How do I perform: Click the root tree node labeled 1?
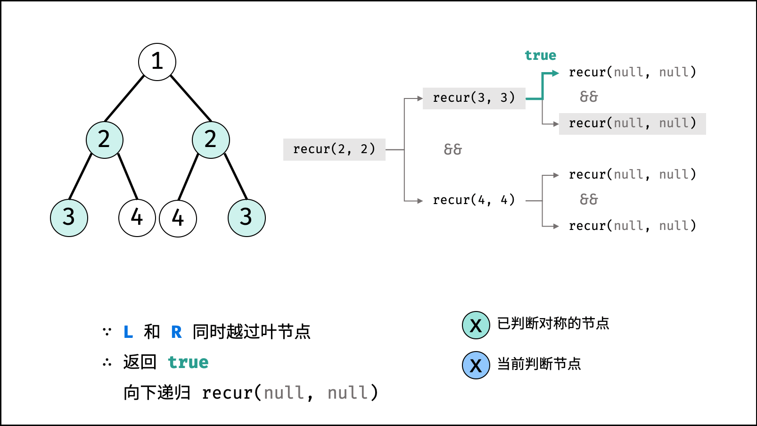coord(157,62)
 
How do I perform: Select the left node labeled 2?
coord(105,140)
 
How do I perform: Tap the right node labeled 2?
coord(211,140)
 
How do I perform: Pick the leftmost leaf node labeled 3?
coord(69,218)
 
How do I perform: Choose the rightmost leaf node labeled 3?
coord(247,218)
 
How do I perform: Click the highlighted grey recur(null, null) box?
coord(632,123)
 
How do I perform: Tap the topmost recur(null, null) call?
coord(632,72)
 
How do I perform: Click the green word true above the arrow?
coord(540,56)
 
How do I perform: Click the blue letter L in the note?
coord(128,332)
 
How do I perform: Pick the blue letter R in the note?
coord(176,332)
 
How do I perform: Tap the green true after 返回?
coord(188,362)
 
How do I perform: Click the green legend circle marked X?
coord(476,325)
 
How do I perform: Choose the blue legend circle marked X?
coord(476,365)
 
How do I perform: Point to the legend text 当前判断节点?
coord(539,364)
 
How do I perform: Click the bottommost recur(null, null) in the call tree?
coord(632,226)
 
